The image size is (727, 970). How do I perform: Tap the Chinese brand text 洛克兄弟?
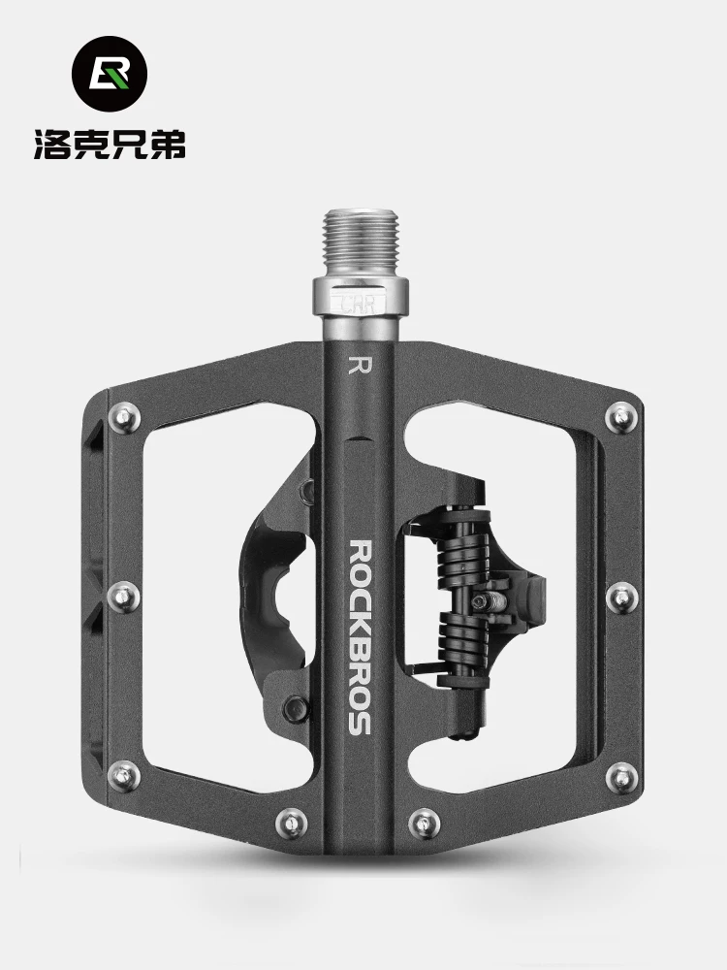pos(111,145)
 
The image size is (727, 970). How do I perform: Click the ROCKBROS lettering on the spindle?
pos(360,637)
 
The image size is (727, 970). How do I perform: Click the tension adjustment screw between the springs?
pos(488,600)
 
